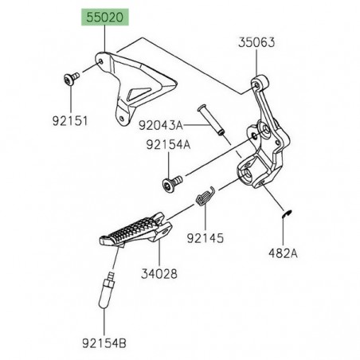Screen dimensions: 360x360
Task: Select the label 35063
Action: pyautogui.click(x=256, y=46)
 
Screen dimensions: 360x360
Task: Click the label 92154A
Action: pyautogui.click(x=168, y=145)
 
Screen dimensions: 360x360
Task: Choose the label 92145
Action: pyautogui.click(x=205, y=237)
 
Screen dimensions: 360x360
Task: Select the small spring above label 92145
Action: pyautogui.click(x=205, y=194)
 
